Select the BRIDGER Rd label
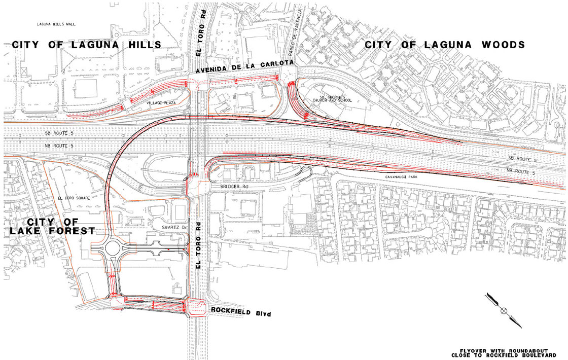(232, 187)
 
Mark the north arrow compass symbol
(503, 310)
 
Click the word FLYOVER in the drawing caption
(472, 350)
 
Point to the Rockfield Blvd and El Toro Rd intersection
(197, 306)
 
